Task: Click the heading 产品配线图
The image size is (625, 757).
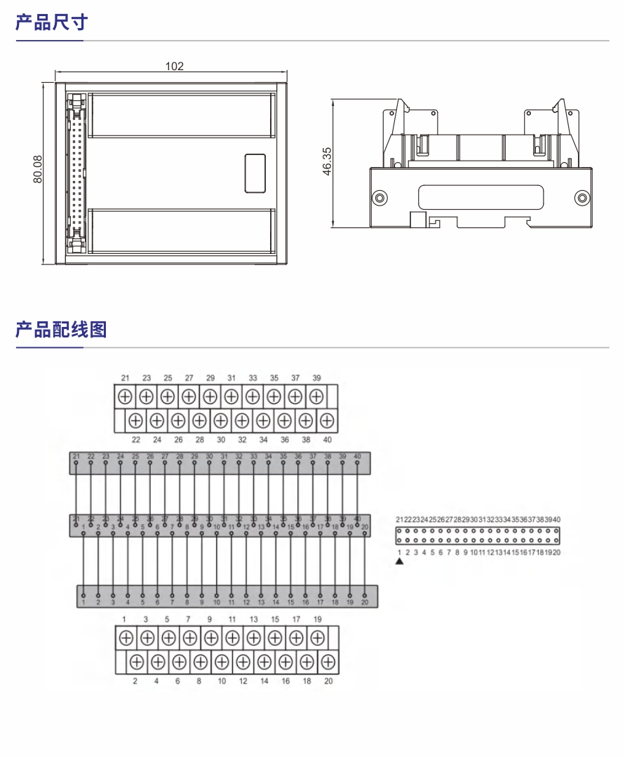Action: pyautogui.click(x=61, y=329)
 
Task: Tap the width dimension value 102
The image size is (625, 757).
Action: pyautogui.click(x=174, y=66)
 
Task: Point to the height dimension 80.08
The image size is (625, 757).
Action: pyautogui.click(x=39, y=170)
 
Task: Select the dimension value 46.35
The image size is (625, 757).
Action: pyautogui.click(x=327, y=161)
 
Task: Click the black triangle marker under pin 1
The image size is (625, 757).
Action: pyautogui.click(x=399, y=561)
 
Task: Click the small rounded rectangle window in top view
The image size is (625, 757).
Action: pyautogui.click(x=255, y=173)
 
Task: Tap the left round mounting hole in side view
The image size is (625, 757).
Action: pyautogui.click(x=379, y=198)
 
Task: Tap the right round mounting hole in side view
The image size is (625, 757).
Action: pyautogui.click(x=582, y=198)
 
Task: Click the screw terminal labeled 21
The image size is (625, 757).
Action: pyautogui.click(x=125, y=396)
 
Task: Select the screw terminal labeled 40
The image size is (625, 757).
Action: pyautogui.click(x=327, y=420)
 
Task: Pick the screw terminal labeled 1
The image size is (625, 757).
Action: pyautogui.click(x=125, y=638)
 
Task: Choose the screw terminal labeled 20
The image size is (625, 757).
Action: pyautogui.click(x=328, y=662)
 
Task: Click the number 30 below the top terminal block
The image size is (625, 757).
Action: pyautogui.click(x=221, y=440)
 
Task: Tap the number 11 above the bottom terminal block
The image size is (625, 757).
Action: pyautogui.click(x=232, y=619)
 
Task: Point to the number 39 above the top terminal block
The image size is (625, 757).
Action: pyautogui.click(x=316, y=377)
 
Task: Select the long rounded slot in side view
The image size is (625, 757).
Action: pyautogui.click(x=480, y=197)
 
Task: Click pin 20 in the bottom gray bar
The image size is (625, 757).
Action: pyautogui.click(x=365, y=596)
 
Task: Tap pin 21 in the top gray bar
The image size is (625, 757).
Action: pyautogui.click(x=76, y=463)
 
